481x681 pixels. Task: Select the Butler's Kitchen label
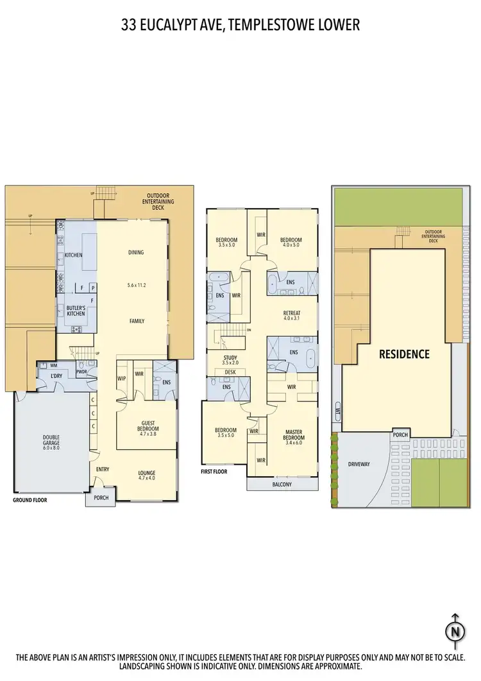76,311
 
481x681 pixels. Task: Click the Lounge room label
146,475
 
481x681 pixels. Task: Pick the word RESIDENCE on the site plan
404,354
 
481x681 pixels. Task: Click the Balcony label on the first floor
281,485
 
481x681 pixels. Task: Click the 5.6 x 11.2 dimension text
135,285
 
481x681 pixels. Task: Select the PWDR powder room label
81,371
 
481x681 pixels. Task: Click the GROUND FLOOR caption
30,499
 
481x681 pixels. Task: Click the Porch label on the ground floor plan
101,498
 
